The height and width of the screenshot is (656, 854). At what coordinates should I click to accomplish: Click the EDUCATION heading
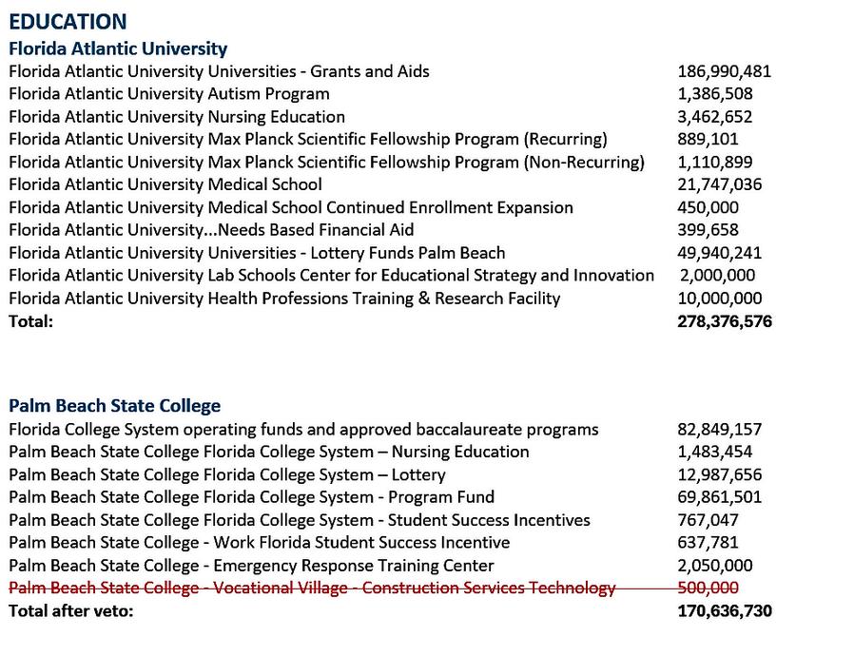click(x=68, y=22)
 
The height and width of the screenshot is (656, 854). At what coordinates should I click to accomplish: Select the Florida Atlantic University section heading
click(x=118, y=48)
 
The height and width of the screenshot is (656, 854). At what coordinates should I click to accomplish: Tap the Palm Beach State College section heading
click(x=114, y=406)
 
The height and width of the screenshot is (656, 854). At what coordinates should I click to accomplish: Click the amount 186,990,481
click(x=724, y=71)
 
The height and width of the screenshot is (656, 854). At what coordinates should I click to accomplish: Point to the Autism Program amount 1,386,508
click(x=714, y=94)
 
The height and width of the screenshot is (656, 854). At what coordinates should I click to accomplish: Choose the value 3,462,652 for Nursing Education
click(x=714, y=117)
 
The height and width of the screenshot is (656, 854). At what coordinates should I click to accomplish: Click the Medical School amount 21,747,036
click(x=719, y=184)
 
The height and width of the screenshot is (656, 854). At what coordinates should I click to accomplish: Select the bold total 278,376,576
click(x=724, y=321)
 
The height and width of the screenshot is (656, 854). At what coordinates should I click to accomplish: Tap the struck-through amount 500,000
click(x=708, y=588)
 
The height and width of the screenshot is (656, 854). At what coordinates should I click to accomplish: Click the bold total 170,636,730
click(x=724, y=610)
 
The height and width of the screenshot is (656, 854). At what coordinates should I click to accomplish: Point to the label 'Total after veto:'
click(x=71, y=610)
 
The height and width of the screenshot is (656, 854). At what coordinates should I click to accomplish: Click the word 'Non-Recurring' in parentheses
click(x=584, y=162)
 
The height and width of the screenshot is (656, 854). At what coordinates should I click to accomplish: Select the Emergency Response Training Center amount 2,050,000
click(x=714, y=565)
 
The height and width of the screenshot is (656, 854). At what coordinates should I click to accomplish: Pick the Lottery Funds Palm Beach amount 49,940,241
click(x=719, y=253)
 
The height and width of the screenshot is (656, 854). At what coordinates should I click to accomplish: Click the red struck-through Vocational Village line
click(x=312, y=588)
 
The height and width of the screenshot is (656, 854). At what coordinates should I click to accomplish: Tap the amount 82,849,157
click(x=719, y=429)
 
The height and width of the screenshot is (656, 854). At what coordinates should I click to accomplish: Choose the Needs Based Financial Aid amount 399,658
click(x=708, y=230)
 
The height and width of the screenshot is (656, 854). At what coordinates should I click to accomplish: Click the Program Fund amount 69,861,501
click(x=719, y=496)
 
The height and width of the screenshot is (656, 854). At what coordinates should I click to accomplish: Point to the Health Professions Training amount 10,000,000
click(x=719, y=299)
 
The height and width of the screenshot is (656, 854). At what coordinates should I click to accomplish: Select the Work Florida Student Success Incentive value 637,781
click(x=708, y=542)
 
